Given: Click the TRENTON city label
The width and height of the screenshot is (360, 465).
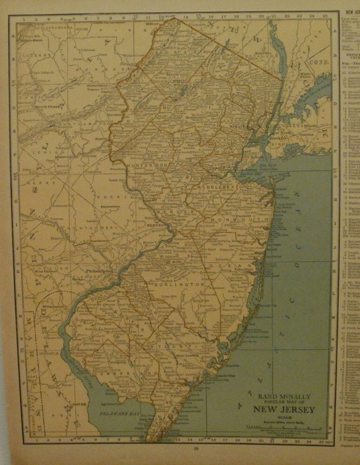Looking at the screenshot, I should pos(155,224).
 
